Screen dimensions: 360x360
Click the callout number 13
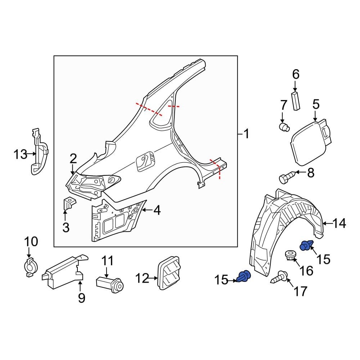[x=20, y=155]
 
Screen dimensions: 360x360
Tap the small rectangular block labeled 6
[x=296, y=101]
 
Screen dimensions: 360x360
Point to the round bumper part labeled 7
[x=284, y=127]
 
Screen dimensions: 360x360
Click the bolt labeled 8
[x=286, y=177]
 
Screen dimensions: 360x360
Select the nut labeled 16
[x=290, y=256]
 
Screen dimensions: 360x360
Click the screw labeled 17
[x=280, y=278]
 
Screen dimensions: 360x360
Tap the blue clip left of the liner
[x=244, y=277]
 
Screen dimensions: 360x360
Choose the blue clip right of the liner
[x=306, y=246]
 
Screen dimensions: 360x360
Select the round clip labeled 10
[x=29, y=267]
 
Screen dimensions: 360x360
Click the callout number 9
[x=81, y=298]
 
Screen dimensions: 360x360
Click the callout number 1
[x=246, y=135]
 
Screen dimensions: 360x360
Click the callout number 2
[x=73, y=158]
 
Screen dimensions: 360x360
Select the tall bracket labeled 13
[x=38, y=153]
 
